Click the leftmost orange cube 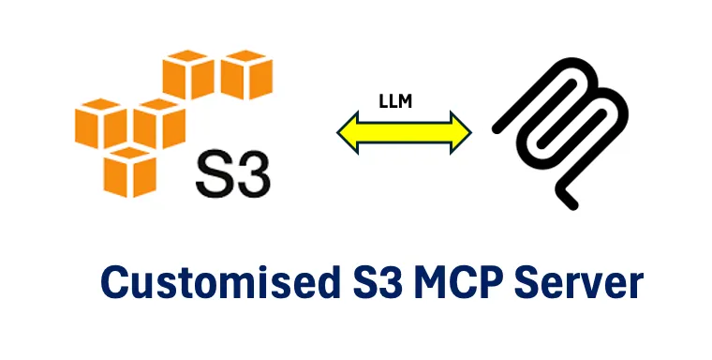[x=99, y=127]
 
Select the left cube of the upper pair [x=190, y=75]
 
